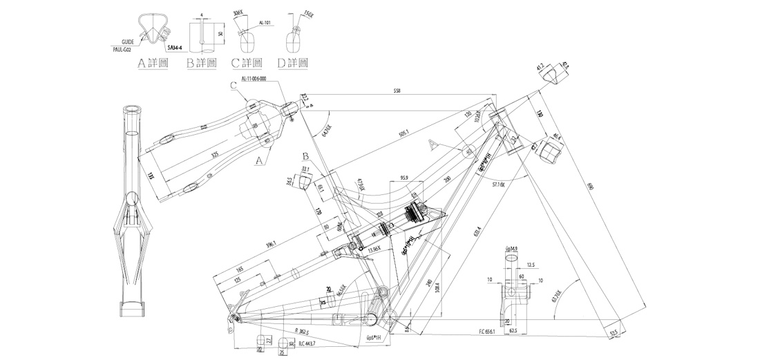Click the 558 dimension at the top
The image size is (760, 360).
(x=396, y=91)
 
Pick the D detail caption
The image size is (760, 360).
(x=292, y=64)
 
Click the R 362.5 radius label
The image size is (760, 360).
(x=301, y=332)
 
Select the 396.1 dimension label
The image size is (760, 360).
(x=271, y=243)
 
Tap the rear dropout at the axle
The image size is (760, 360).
(x=234, y=318)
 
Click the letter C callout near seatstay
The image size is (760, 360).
(x=234, y=85)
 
